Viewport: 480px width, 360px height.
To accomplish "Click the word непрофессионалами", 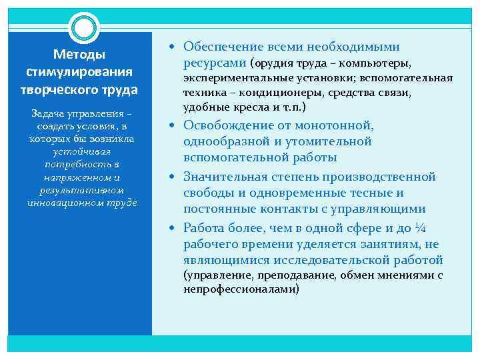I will click(x=241, y=289).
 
